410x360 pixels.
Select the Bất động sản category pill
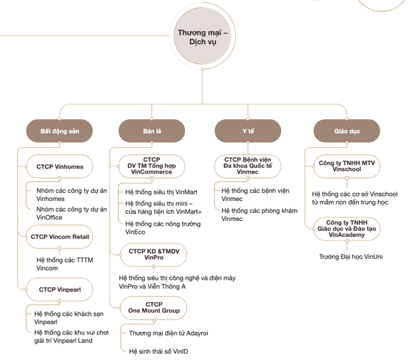tap(58, 131)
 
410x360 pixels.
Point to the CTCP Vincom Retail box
tap(60, 236)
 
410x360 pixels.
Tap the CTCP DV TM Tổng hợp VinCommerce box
tap(152, 166)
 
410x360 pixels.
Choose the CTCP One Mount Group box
tap(154, 307)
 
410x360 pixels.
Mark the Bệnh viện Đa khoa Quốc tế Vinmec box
tap(248, 166)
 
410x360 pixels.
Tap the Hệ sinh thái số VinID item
tap(159, 351)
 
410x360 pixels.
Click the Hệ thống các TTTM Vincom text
tap(63, 264)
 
